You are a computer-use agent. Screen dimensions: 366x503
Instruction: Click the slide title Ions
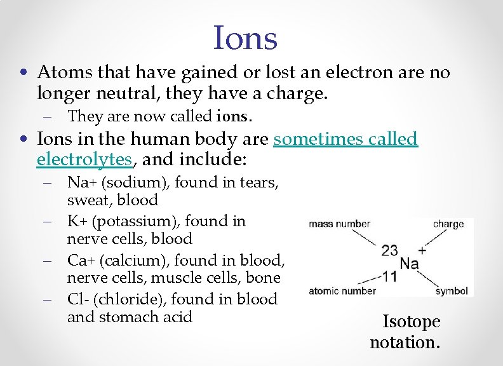(246, 38)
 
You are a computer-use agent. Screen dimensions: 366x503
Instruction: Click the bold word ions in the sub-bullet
(234, 117)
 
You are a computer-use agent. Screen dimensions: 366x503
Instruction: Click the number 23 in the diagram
(391, 250)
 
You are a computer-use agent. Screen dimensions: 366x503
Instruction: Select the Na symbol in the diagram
(409, 263)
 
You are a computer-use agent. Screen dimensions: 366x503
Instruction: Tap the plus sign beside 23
(422, 250)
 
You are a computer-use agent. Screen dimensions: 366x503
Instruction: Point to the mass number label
(339, 224)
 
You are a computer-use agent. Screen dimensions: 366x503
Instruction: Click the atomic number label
(342, 292)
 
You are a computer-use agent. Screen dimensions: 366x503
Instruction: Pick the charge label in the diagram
(448, 224)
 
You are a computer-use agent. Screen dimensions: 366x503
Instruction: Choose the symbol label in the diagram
(452, 292)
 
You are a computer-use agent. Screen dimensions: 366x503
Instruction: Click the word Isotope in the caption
(411, 322)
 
